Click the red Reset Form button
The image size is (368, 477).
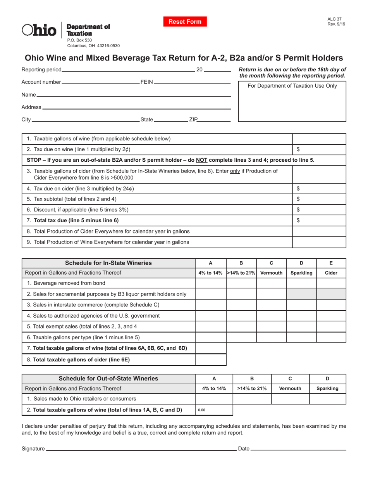coord(185,22)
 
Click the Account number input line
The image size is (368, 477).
coord(100,82)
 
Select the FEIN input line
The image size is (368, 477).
coord(192,82)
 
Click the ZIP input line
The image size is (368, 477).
coord(214,120)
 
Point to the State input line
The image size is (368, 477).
coord(171,120)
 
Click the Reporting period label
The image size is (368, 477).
coord(41,70)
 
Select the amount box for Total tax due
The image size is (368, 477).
coord(319,220)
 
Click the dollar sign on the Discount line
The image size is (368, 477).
coord(298,210)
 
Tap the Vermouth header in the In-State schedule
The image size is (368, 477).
coord(271,273)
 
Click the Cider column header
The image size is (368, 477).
coord(331,273)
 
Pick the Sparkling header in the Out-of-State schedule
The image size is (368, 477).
coord(327,388)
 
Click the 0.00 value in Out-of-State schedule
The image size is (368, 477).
coord(202,410)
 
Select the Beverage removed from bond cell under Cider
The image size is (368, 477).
coord(331,283)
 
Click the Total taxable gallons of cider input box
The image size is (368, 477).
coord(211,359)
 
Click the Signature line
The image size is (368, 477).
coord(141,449)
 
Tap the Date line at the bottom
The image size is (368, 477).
coord(298,449)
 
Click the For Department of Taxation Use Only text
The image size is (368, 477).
coord(292,86)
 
